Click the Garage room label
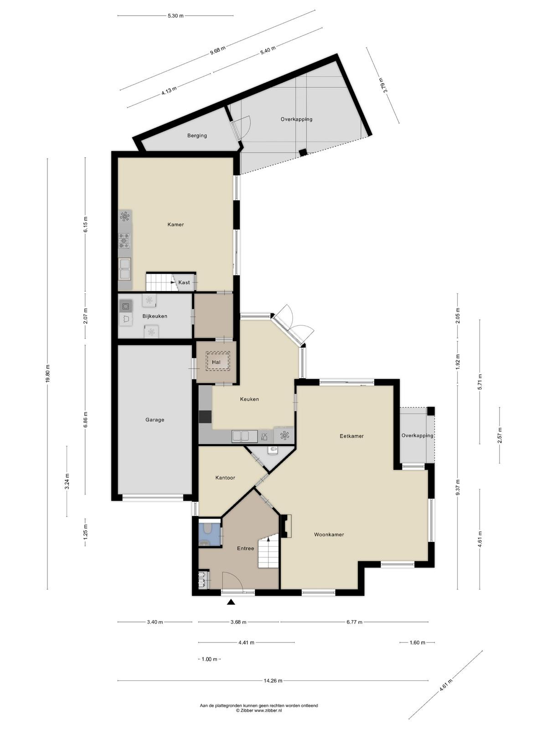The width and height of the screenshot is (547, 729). coord(155,420)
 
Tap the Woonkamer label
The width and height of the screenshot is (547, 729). coord(329,535)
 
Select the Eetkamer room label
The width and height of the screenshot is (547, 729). coord(351,436)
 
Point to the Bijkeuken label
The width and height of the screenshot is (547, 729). coord(155,316)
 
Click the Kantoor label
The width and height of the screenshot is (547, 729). coord(225,478)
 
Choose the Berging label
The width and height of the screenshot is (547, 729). coord(197,135)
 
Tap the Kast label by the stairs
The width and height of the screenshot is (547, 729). coord(184,282)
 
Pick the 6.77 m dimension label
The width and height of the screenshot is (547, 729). coord(354,622)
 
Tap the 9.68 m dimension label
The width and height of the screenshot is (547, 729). coord(218,52)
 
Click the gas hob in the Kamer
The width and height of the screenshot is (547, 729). coord(125,241)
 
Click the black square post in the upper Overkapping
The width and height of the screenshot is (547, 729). coord(303,153)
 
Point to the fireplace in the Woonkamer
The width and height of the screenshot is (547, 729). coord(286,526)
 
